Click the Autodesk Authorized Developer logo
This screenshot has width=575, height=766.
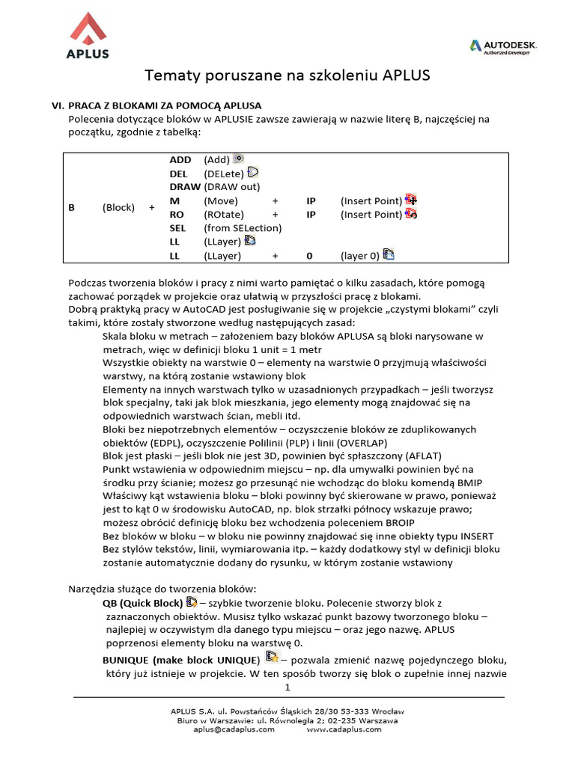[502, 46]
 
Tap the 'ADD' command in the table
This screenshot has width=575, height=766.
[180, 160]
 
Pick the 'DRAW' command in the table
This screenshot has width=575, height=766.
[185, 187]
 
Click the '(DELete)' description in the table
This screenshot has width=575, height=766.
[224, 174]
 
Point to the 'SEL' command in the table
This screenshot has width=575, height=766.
[178, 228]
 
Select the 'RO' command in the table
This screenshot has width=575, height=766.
[177, 215]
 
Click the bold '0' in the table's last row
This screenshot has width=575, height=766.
[308, 256]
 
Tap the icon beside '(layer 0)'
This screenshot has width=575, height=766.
[389, 254]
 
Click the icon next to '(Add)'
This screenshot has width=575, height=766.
[239, 159]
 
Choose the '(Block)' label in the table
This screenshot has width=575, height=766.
[118, 208]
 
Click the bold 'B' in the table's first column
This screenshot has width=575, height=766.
[72, 208]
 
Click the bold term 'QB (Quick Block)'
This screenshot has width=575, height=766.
[142, 603]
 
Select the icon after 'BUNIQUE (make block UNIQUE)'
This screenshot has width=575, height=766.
[272, 658]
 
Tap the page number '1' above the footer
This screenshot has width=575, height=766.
[287, 687]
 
